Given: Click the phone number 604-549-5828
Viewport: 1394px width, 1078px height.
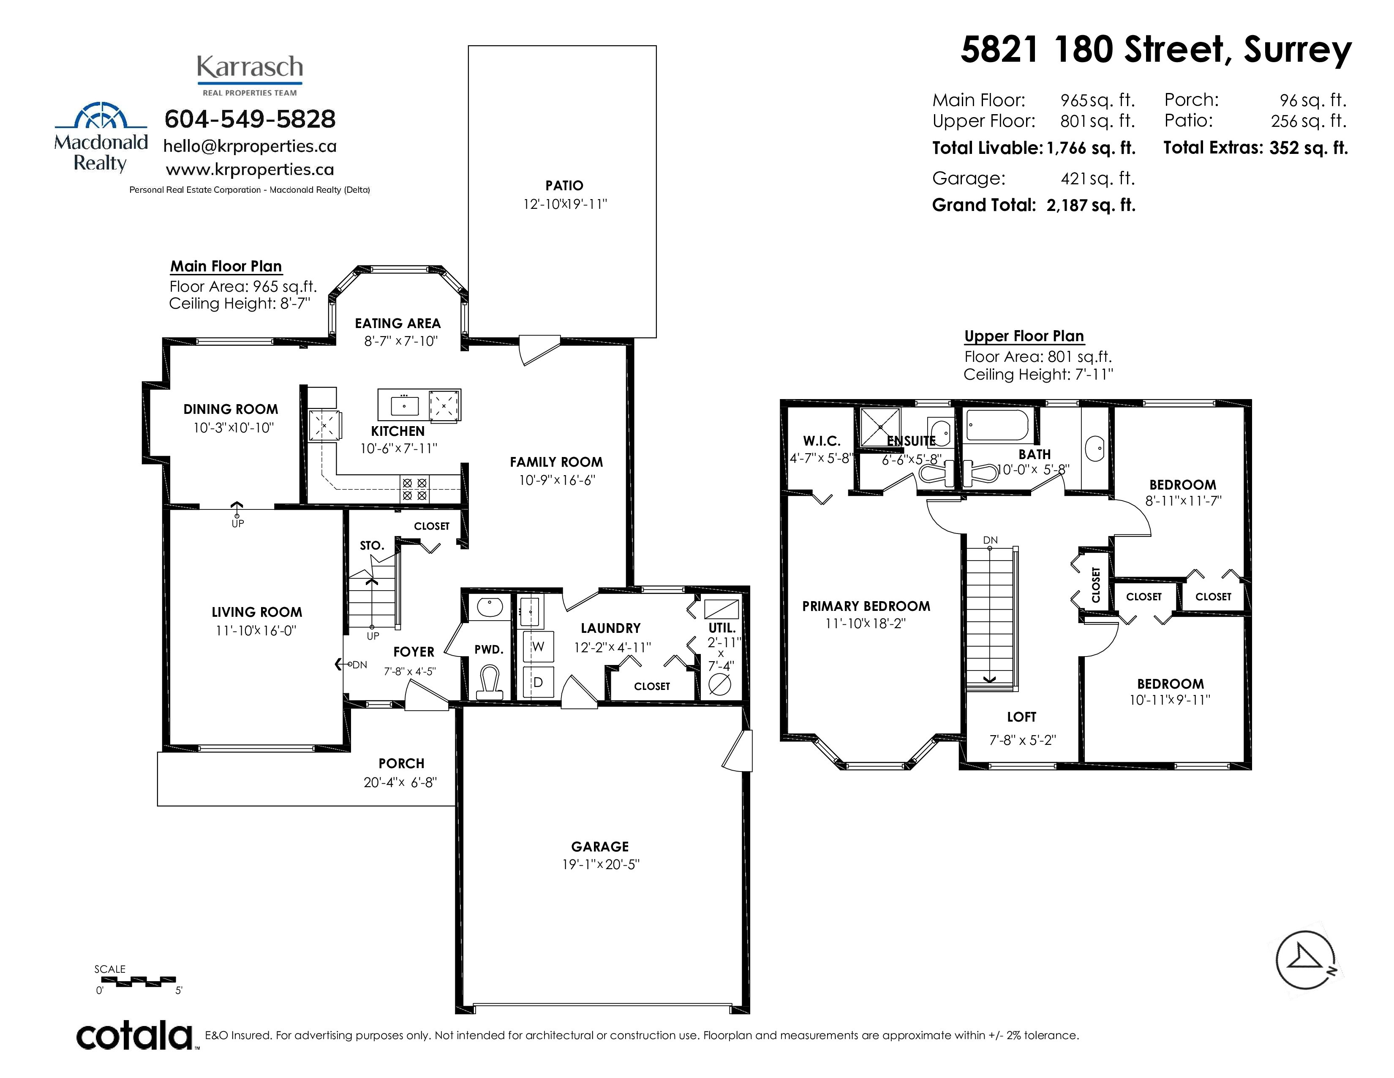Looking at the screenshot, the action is [x=250, y=119].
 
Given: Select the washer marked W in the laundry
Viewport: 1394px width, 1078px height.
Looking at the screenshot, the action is [x=538, y=646].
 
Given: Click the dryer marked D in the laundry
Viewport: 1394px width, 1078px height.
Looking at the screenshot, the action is [x=538, y=682].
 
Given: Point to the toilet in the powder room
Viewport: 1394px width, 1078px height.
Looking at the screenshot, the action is [x=490, y=682].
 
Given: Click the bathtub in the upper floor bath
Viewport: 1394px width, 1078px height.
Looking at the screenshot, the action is [x=997, y=425].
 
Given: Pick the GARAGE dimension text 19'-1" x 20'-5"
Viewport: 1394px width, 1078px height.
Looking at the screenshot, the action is [x=601, y=865].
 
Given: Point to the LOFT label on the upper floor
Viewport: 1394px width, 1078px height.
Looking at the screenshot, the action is [x=1022, y=717].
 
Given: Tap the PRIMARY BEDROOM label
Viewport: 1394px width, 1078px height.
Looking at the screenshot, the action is [x=866, y=607].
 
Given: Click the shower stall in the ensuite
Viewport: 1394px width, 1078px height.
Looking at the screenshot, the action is [x=880, y=427].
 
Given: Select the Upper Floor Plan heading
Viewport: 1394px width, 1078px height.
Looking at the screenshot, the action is [x=1024, y=337].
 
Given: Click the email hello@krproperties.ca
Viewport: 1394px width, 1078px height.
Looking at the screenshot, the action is [x=250, y=146].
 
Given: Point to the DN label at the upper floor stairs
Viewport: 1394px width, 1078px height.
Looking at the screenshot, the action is [x=990, y=540].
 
